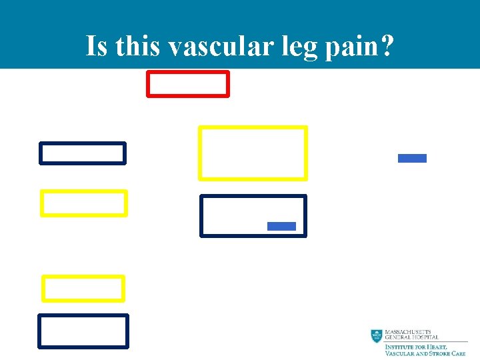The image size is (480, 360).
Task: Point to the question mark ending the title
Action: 387,46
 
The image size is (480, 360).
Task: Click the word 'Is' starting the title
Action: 97,46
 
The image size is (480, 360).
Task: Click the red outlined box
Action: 188,84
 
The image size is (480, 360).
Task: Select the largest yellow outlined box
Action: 253,153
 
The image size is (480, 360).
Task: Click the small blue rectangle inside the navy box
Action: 281,226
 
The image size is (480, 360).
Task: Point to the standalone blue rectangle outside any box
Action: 412,158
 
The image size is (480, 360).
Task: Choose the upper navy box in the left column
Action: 83,153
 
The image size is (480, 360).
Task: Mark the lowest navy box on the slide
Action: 83,331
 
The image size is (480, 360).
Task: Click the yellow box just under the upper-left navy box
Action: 83,203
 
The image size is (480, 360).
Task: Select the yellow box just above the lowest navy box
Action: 83,289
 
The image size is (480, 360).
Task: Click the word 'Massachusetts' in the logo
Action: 408,332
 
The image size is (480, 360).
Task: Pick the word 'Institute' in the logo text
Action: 400,347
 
